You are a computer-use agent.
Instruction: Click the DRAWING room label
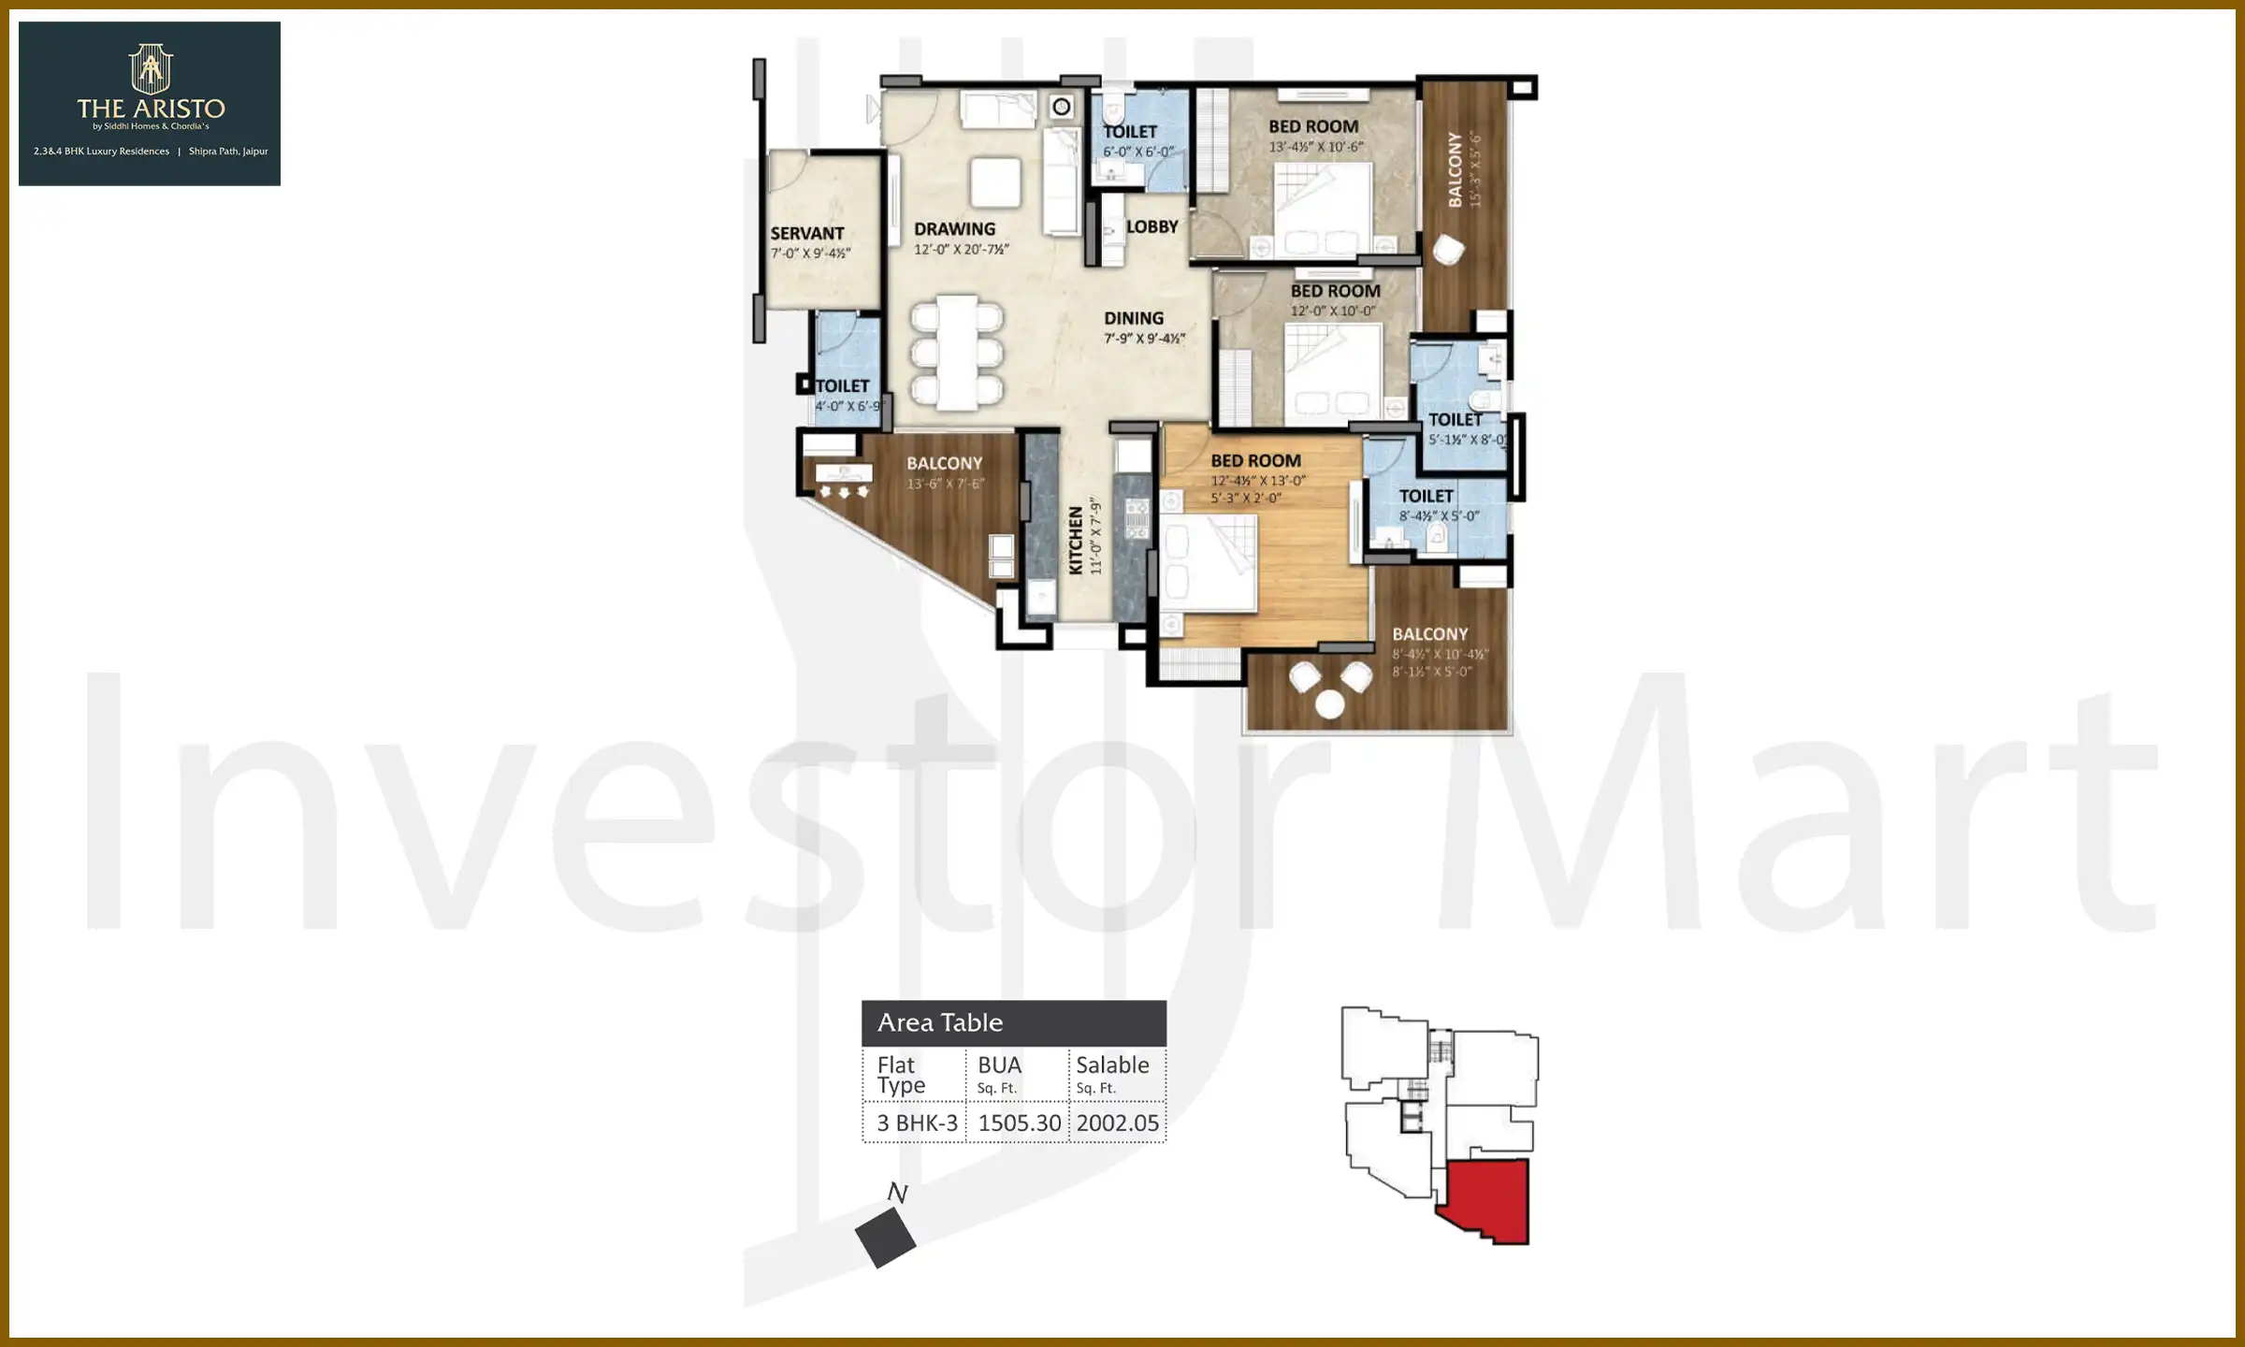[954, 228]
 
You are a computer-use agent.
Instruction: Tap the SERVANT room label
[806, 233]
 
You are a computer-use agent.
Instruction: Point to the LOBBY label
[1151, 226]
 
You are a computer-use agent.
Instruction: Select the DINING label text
[1133, 318]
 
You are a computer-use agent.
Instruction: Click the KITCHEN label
[1076, 540]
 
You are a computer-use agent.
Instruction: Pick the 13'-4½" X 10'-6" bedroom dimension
[1315, 147]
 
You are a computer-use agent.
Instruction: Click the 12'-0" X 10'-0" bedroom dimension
[1333, 311]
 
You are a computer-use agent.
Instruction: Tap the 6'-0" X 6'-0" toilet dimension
[1137, 152]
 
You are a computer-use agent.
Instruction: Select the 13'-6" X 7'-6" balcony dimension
[945, 484]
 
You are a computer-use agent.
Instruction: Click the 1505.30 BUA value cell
[1019, 1122]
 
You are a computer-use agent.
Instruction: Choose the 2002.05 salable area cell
[1117, 1122]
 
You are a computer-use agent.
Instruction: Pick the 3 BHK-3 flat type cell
[917, 1122]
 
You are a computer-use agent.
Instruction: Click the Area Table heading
[939, 1022]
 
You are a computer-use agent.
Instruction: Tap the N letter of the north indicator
[897, 1193]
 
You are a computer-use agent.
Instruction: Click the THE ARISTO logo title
[151, 109]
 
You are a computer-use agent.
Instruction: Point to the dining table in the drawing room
[957, 352]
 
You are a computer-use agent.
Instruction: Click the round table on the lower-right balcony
[1329, 704]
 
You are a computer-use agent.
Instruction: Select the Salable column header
[1112, 1065]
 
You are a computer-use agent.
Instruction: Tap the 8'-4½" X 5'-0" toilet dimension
[1439, 516]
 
